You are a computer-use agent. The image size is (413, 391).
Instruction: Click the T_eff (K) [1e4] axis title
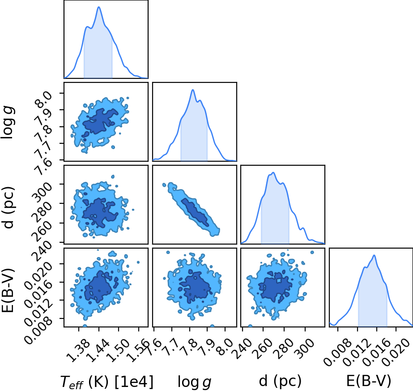(x=106, y=382)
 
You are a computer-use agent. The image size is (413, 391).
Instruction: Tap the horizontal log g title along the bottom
(x=194, y=382)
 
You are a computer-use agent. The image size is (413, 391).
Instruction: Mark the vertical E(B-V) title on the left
(x=8, y=290)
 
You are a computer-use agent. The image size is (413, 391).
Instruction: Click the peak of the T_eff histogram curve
(x=99, y=7)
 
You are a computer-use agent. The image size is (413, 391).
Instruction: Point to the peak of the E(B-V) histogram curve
(x=374, y=255)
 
